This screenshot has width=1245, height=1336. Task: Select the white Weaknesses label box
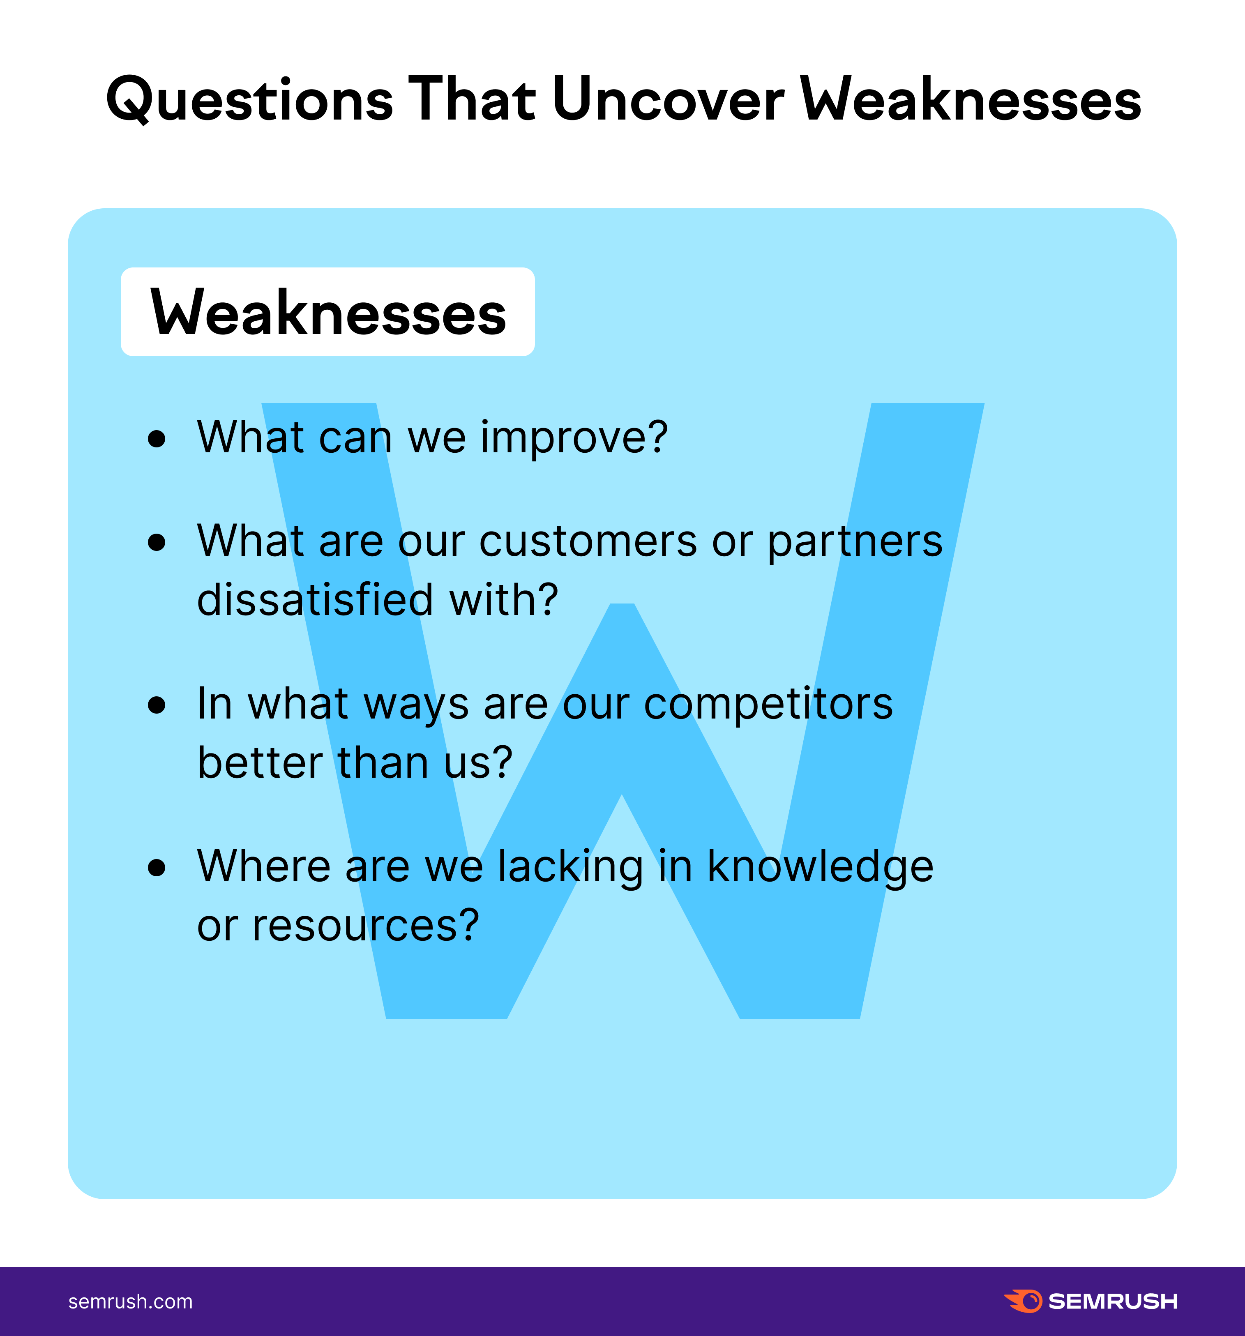(327, 312)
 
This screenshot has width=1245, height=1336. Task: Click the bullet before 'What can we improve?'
(157, 439)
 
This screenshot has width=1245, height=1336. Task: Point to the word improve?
(574, 438)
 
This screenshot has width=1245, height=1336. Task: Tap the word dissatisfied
(315, 599)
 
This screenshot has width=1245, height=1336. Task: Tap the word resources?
(366, 926)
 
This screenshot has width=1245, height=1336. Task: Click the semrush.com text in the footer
(130, 1302)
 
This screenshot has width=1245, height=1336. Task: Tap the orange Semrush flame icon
(1023, 1301)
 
